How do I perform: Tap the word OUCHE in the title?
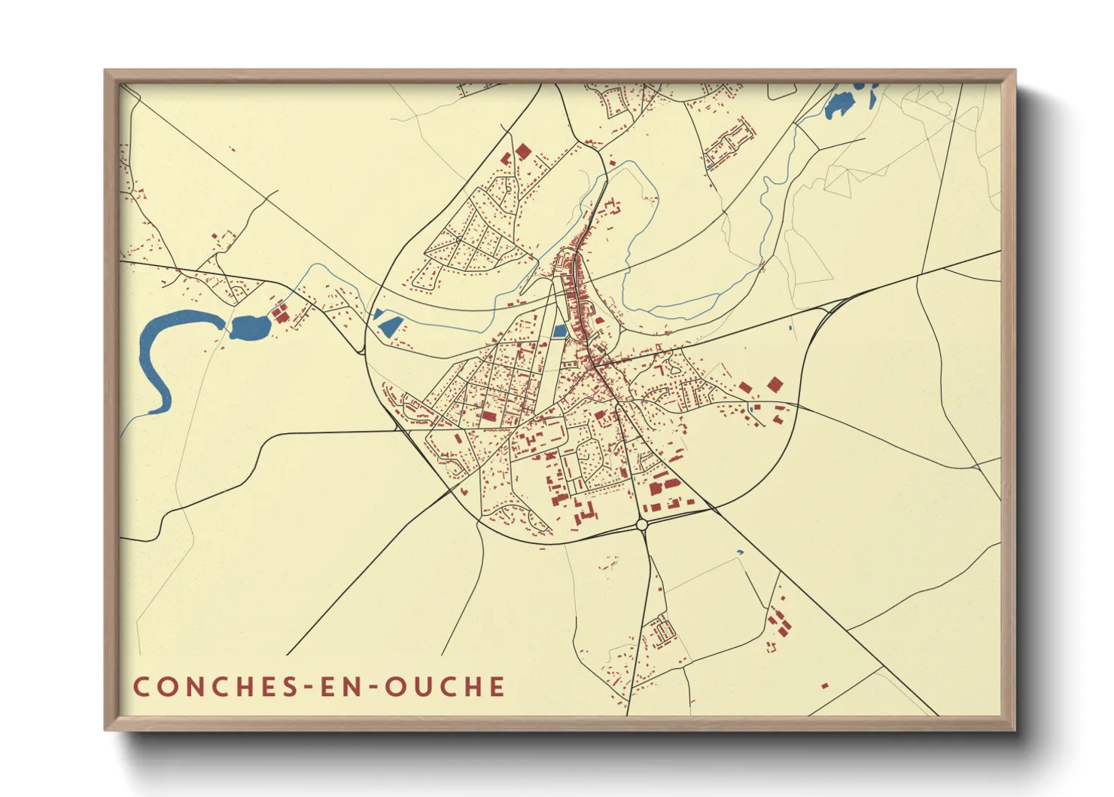(445, 686)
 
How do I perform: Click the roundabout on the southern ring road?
(641, 524)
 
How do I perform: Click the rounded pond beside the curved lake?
(250, 327)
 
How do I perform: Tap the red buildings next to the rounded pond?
(280, 313)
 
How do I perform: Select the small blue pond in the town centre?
(559, 331)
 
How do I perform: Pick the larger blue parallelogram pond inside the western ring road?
(390, 326)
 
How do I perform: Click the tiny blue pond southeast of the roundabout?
(739, 552)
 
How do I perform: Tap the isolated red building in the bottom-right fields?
(825, 686)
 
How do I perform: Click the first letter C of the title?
(141, 686)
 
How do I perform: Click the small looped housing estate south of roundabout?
(663, 629)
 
